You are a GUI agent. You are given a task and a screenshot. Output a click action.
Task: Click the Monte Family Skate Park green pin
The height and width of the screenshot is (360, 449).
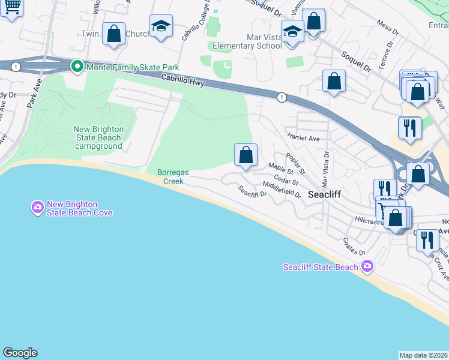pyautogui.click(x=76, y=66)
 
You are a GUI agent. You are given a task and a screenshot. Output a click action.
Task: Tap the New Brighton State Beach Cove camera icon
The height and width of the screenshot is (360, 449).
pyautogui.click(x=37, y=208)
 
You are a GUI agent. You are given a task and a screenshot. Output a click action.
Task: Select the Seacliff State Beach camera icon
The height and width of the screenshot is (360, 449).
pyautogui.click(x=367, y=266)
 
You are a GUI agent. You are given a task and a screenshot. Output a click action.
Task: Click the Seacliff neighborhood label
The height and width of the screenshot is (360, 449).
pyautogui.click(x=325, y=194)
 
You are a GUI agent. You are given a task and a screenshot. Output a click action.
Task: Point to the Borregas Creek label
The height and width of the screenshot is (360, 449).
pyautogui.click(x=173, y=176)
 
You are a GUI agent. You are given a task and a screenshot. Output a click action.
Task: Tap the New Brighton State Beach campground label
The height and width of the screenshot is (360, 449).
pyautogui.click(x=99, y=137)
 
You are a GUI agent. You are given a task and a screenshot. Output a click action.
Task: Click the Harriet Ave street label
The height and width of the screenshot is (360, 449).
pyautogui.click(x=303, y=138)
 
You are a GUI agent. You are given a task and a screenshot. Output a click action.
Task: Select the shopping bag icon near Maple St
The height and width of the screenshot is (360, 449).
pyautogui.click(x=246, y=155)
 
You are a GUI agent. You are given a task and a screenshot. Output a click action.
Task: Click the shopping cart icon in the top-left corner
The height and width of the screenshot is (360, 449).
pyautogui.click(x=11, y=7)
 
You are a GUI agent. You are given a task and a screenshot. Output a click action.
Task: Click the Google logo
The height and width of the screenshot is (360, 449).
pyautogui.click(x=20, y=353)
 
